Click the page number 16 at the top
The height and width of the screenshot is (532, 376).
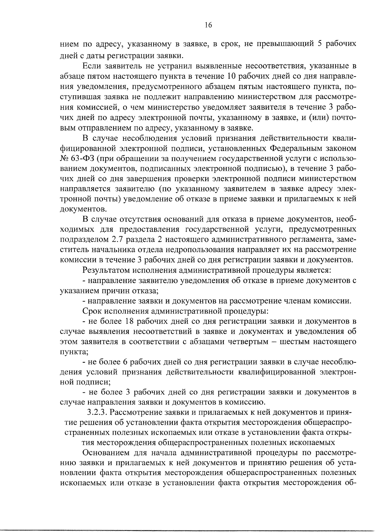coord(208,25)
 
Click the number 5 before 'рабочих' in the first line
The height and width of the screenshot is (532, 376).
coord(320,44)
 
